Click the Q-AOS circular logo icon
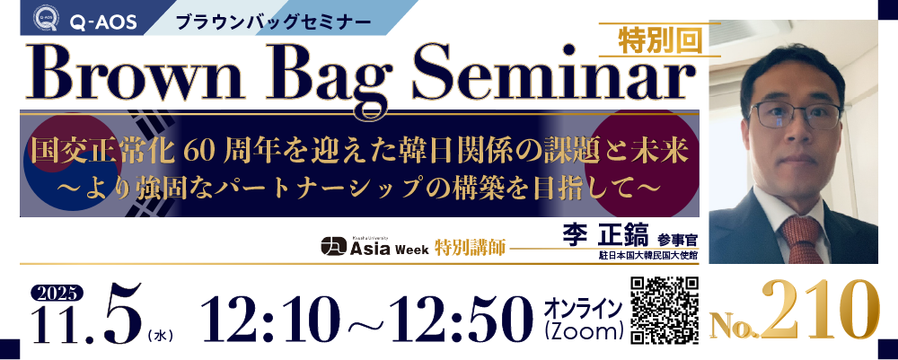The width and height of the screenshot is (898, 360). tap(47, 17)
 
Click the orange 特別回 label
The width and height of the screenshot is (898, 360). tap(660, 40)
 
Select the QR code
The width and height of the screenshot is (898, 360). tap(665, 311)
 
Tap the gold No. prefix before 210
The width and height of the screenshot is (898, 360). tap(734, 327)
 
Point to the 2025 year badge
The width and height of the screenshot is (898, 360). tap(57, 294)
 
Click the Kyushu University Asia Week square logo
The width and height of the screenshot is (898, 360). tap(334, 246)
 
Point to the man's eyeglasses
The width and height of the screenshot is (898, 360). tap(795, 115)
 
